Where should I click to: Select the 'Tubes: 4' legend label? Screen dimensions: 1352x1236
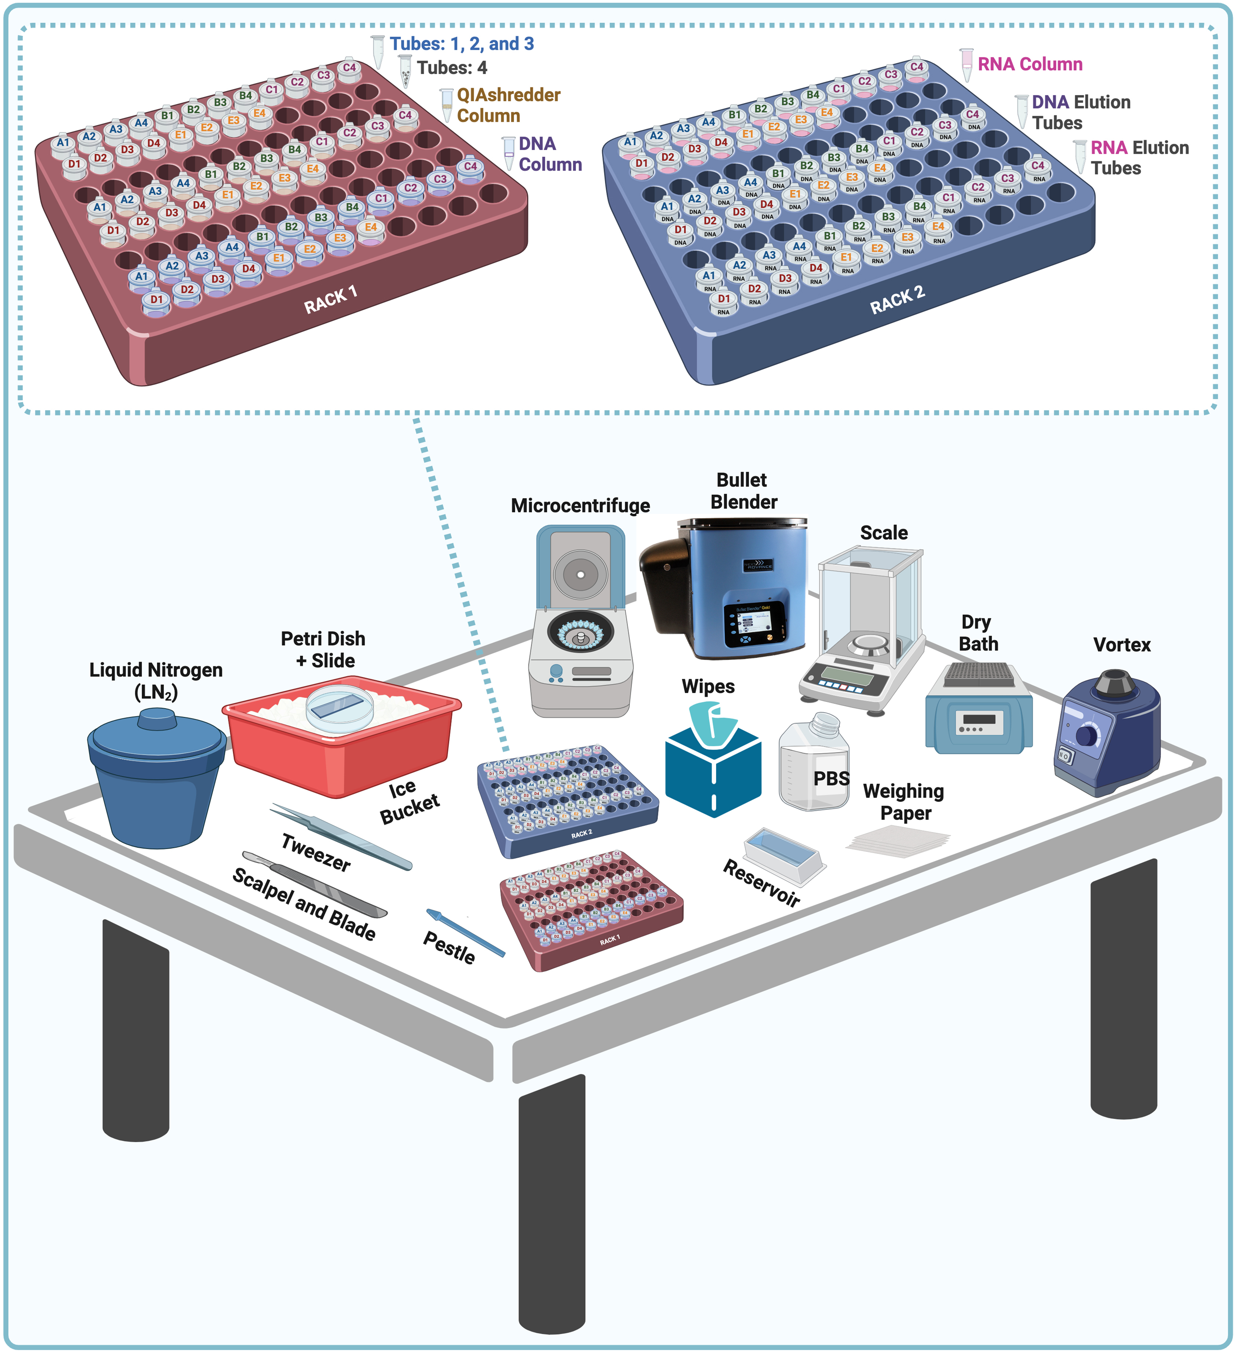point(452,68)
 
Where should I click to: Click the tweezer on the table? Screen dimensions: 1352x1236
point(341,836)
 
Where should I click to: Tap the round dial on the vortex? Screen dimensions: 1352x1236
point(1086,736)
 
